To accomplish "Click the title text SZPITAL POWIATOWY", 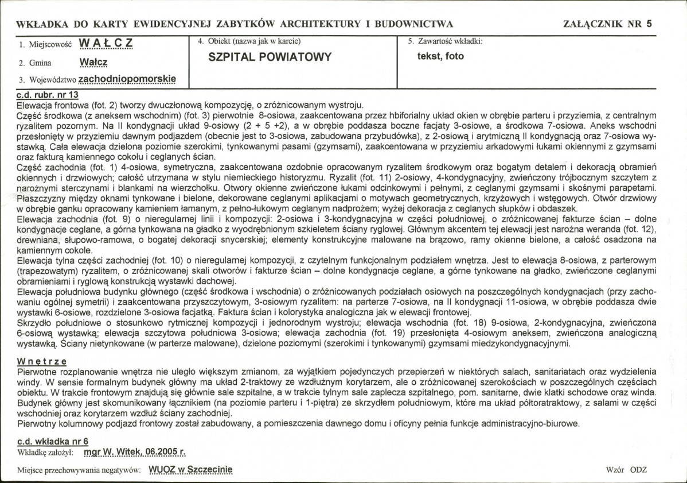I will click(x=270, y=57).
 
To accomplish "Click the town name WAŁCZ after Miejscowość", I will click(x=106, y=44).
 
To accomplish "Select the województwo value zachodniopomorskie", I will click(x=127, y=79).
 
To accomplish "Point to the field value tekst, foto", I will click(x=440, y=56).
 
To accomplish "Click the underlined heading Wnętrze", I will click(x=42, y=361).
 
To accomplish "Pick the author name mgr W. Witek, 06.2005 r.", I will click(x=135, y=452).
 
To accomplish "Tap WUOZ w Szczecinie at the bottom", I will click(x=190, y=469).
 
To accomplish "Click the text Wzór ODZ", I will click(x=626, y=469).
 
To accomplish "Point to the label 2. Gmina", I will click(x=34, y=63).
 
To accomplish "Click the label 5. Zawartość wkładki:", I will click(x=445, y=41).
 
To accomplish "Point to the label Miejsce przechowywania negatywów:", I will click(x=80, y=470).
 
